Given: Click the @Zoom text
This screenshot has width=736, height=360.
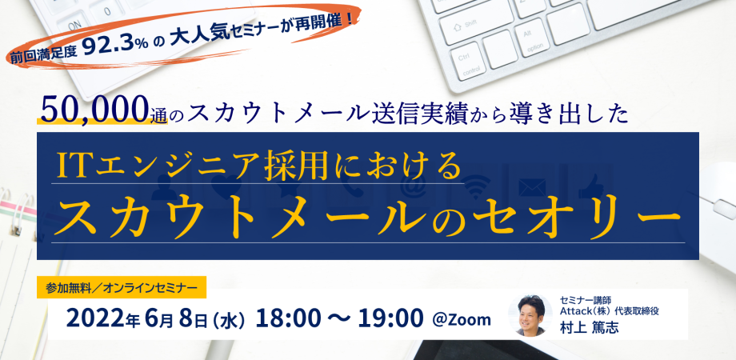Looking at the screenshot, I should point(462,319).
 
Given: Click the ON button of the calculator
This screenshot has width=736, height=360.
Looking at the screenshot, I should point(74,25).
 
